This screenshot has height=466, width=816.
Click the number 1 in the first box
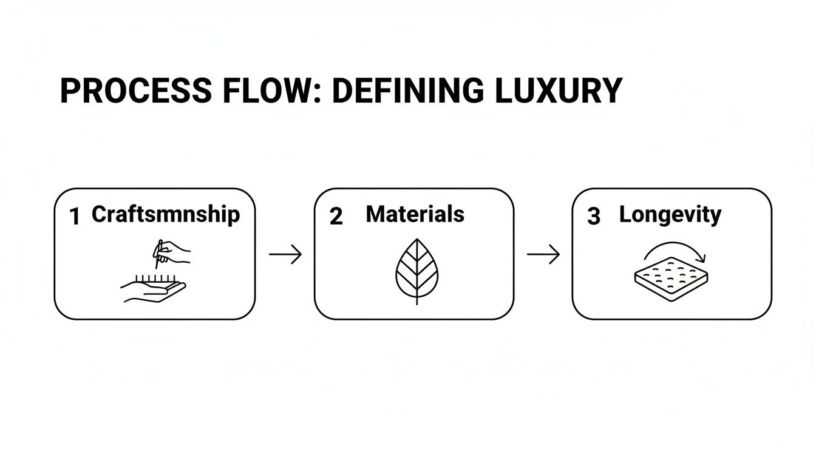point(75,217)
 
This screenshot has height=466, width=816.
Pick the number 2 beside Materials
point(336,217)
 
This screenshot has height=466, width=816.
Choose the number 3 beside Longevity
point(594,217)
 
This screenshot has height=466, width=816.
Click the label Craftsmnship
point(166,214)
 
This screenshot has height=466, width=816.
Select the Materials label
point(415,214)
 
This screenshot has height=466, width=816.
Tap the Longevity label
point(670,214)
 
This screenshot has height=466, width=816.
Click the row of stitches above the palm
point(155,279)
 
